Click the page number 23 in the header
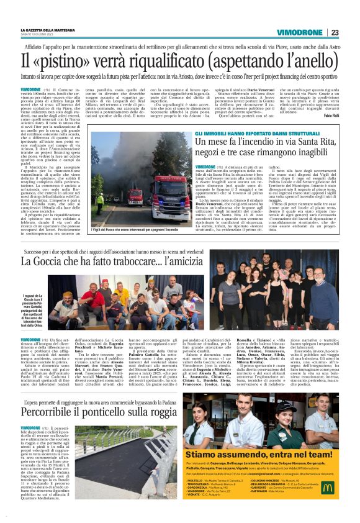pyautogui.click(x=335, y=32)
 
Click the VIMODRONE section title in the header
pyautogui.click(x=300, y=32)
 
